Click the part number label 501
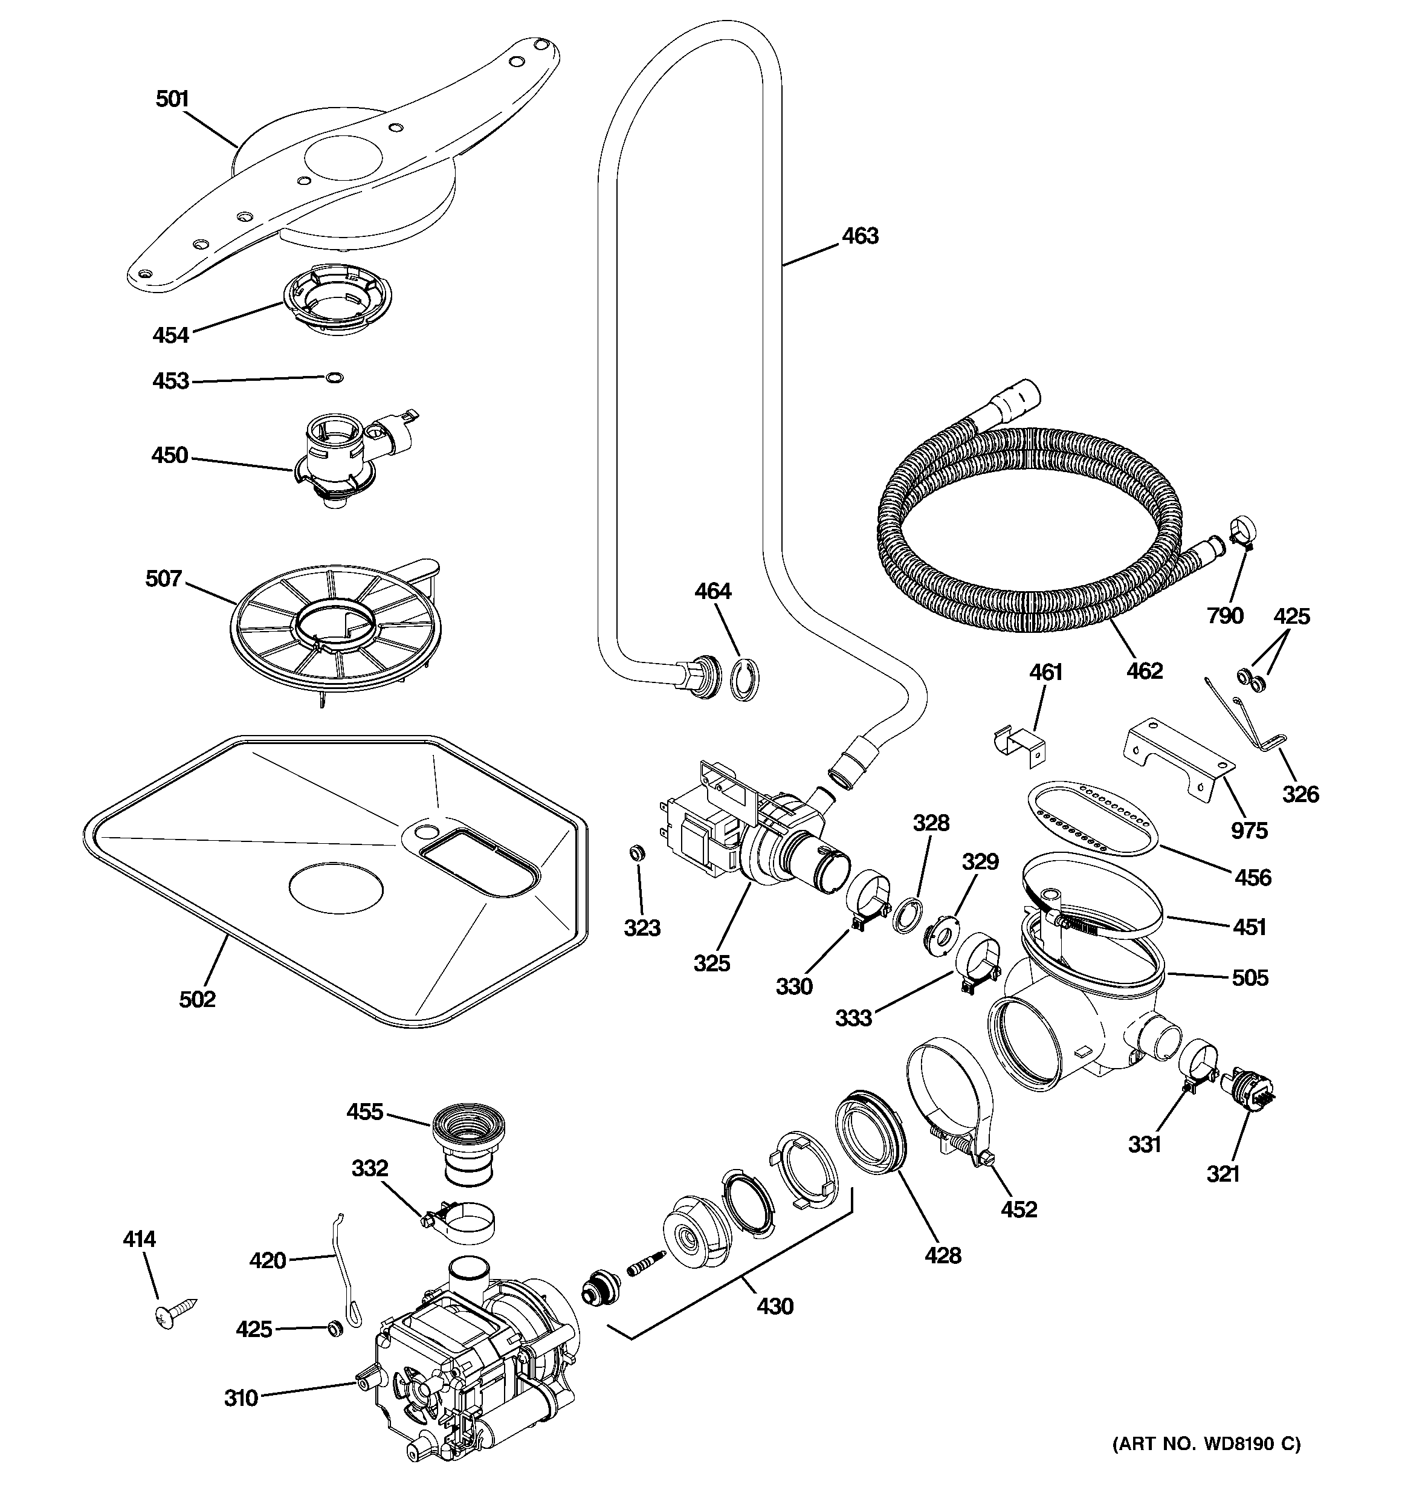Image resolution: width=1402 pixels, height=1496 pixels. pos(172,99)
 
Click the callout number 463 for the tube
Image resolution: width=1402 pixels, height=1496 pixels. pos(859,236)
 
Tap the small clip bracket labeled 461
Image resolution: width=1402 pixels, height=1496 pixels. pos(1019,743)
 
